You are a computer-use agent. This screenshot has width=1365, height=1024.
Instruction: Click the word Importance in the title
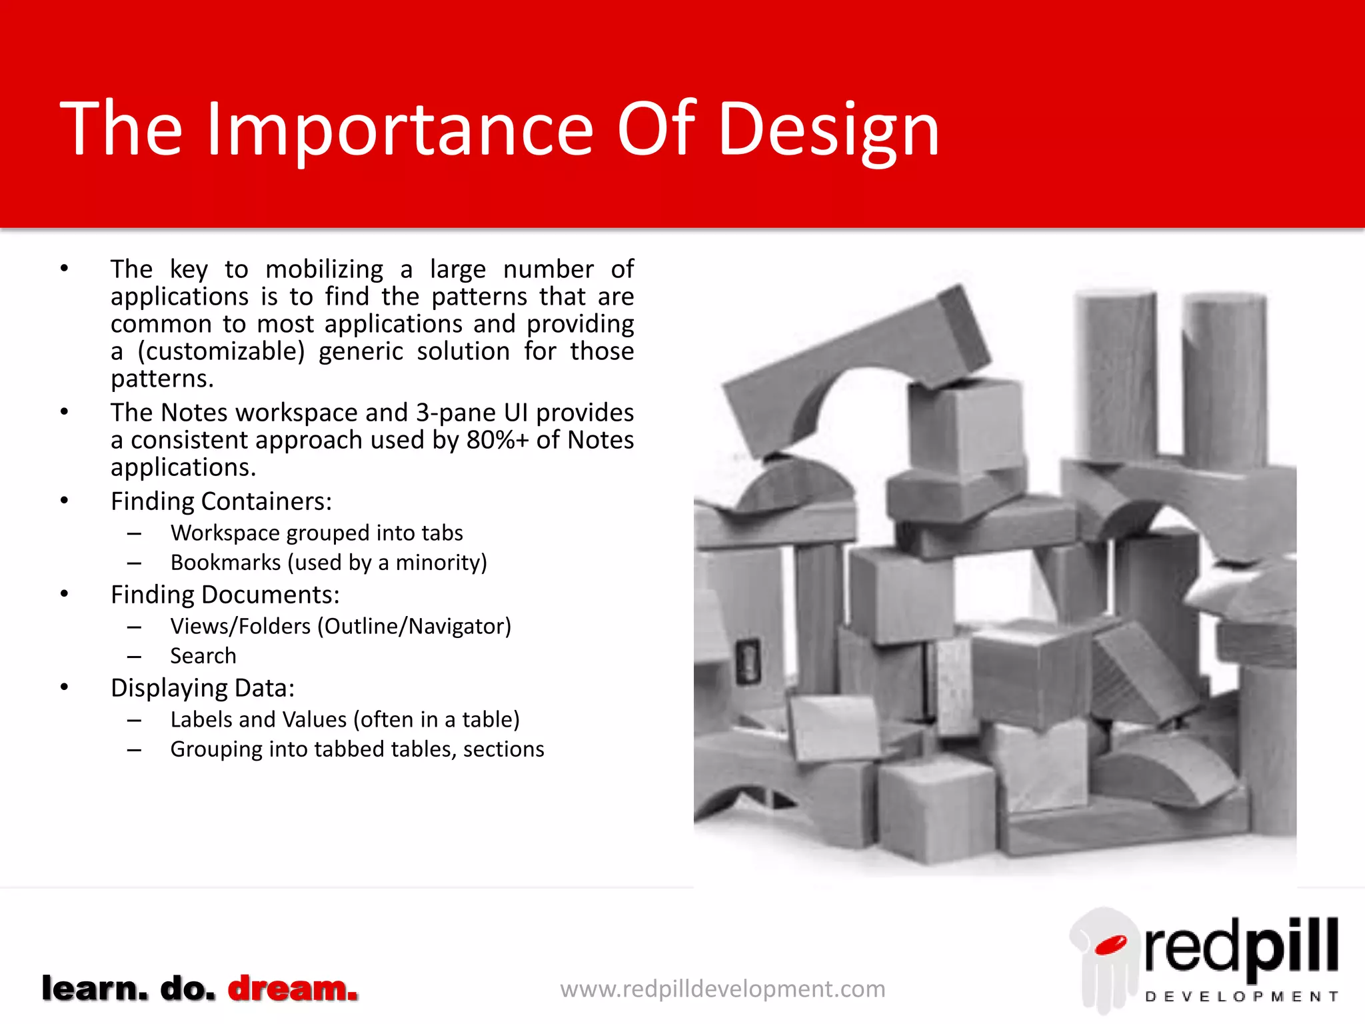(x=400, y=130)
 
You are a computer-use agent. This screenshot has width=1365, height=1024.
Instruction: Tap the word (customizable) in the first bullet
(x=221, y=351)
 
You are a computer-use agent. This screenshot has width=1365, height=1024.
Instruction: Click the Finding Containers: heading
(x=221, y=501)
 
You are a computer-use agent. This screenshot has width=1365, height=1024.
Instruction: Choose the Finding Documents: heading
(x=225, y=595)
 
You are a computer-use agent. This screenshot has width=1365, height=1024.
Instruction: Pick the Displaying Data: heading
(x=202, y=688)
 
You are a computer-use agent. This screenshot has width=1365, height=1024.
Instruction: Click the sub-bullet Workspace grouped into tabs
(x=316, y=533)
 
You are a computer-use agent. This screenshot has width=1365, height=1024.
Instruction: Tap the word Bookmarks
(x=225, y=563)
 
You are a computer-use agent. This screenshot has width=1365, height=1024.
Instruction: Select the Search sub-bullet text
(x=203, y=656)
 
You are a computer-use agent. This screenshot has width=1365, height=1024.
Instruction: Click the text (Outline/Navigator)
(x=414, y=627)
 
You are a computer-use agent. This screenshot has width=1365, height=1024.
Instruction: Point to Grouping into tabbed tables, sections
(x=357, y=749)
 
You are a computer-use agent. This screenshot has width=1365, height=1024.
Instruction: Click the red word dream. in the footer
(x=293, y=988)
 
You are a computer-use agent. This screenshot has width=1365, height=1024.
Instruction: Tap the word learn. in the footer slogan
(x=94, y=988)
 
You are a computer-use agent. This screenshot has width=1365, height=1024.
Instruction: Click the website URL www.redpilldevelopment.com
(x=722, y=989)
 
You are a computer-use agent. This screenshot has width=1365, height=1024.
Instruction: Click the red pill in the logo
(x=1110, y=945)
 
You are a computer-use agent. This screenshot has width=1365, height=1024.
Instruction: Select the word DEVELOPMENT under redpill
(x=1241, y=997)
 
